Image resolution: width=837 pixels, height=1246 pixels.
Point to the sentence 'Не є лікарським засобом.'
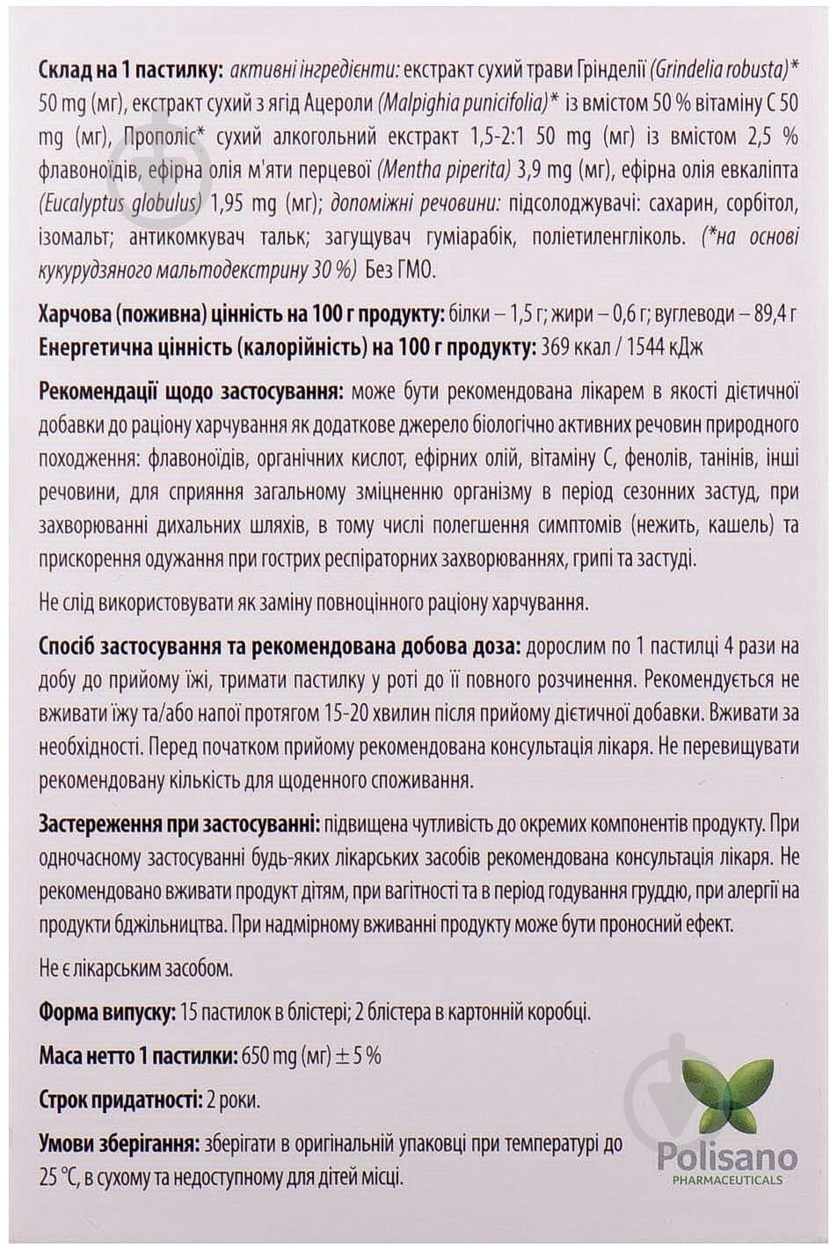(x=136, y=970)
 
